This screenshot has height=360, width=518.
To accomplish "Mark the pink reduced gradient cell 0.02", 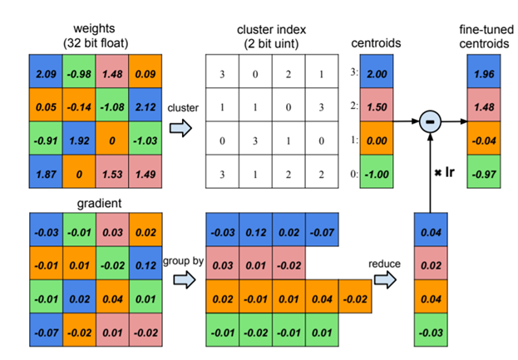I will pyautogui.click(x=432, y=265).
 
